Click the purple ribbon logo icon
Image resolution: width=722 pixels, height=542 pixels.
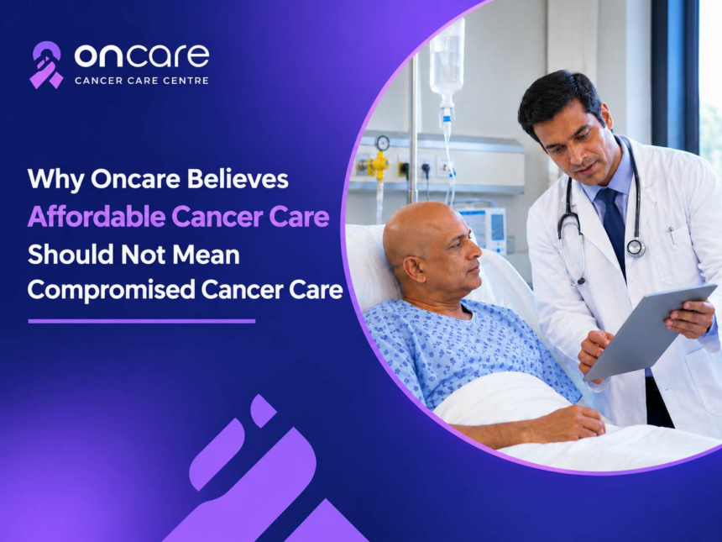(x=46, y=65)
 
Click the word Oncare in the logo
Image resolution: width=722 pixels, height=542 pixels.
(x=142, y=55)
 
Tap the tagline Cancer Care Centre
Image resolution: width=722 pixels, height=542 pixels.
(x=142, y=81)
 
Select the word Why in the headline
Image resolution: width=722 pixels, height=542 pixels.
(x=55, y=179)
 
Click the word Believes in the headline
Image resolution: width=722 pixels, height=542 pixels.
(x=238, y=178)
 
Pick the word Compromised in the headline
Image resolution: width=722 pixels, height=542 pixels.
(x=111, y=291)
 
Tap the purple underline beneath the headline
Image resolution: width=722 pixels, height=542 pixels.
(x=142, y=321)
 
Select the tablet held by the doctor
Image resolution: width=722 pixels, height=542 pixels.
(x=649, y=331)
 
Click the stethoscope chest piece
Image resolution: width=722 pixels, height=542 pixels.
(x=636, y=248)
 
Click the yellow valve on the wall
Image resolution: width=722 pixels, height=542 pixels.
(x=379, y=164)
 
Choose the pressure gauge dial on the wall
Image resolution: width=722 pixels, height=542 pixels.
(x=382, y=143)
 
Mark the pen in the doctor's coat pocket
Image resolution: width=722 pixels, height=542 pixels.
(x=672, y=235)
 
